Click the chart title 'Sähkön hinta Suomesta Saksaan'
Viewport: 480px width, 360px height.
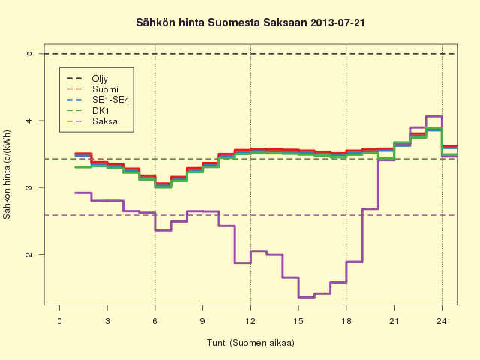pyautogui.click(x=221, y=23)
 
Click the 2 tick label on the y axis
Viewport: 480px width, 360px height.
pyautogui.click(x=28, y=254)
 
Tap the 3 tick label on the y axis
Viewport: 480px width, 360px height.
pyautogui.click(x=28, y=187)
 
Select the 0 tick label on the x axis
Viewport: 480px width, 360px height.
pyautogui.click(x=60, y=321)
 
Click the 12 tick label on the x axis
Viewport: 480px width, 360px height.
pyautogui.click(x=250, y=321)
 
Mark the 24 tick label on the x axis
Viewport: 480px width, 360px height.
pyautogui.click(x=442, y=321)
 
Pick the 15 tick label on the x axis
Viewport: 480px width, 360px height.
pyautogui.click(x=298, y=321)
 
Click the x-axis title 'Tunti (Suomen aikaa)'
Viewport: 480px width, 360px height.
pyautogui.click(x=250, y=342)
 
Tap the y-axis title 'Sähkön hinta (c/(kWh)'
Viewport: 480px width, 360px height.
pyautogui.click(x=7, y=175)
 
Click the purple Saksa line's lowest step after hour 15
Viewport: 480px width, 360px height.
pyautogui.click(x=307, y=297)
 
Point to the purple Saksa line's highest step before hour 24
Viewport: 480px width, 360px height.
pyautogui.click(x=433, y=116)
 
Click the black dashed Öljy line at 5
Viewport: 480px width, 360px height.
pyautogui.click(x=249, y=54)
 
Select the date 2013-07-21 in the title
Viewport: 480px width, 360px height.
pyautogui.click(x=337, y=23)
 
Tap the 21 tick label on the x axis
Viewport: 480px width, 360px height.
pyautogui.click(x=394, y=321)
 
